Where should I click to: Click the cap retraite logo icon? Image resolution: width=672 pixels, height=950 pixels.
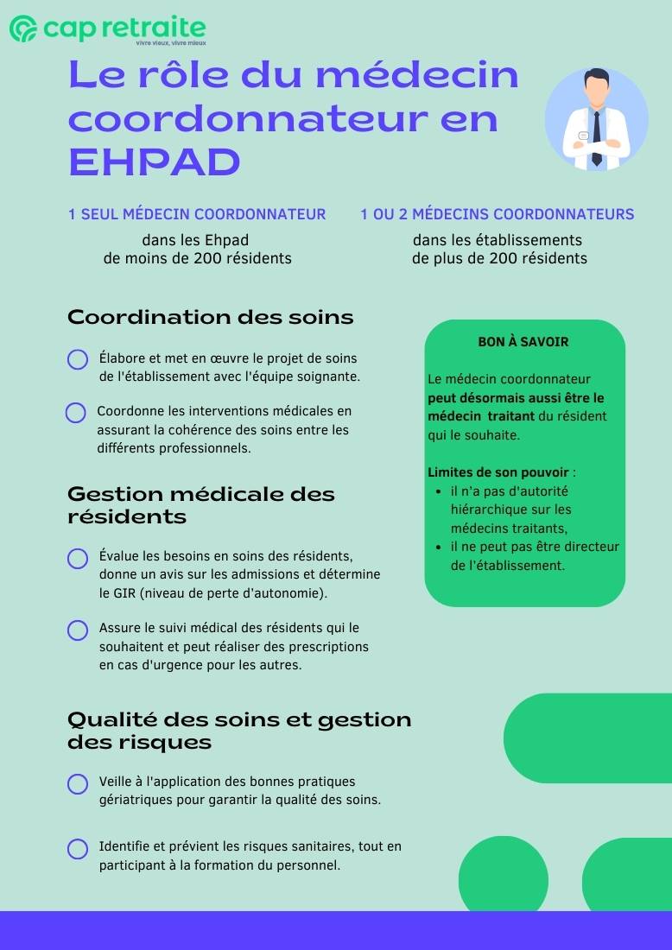[22, 28]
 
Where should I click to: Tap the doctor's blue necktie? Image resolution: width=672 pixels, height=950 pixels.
[596, 138]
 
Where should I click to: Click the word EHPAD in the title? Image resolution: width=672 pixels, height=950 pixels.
[154, 162]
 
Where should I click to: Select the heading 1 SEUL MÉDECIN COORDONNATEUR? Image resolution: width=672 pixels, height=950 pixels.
[197, 214]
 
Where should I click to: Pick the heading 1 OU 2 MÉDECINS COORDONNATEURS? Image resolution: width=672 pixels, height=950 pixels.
[498, 214]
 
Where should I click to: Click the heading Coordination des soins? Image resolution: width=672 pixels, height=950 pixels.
[211, 317]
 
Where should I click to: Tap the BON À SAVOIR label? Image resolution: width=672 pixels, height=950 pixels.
[523, 342]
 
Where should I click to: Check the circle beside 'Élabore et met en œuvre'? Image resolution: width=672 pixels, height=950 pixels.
[78, 359]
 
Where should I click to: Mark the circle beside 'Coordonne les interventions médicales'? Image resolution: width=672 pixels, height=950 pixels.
[76, 413]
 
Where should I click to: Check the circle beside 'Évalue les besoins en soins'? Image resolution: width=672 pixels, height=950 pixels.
[78, 559]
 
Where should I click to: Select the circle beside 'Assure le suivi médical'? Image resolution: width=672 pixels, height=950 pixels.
[78, 630]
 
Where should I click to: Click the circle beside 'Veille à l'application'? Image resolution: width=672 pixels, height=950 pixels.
[78, 784]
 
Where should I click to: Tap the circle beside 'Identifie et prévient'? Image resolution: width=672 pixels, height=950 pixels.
[78, 849]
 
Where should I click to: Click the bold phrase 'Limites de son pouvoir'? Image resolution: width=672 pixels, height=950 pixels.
[498, 472]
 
